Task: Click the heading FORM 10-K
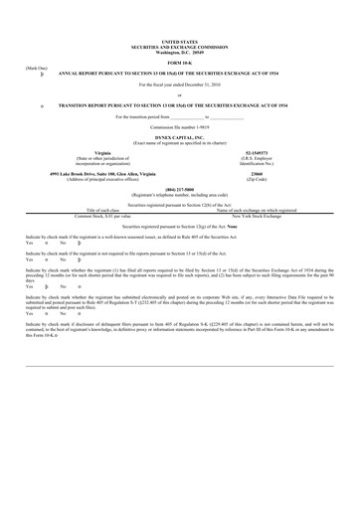pos(180,65)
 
